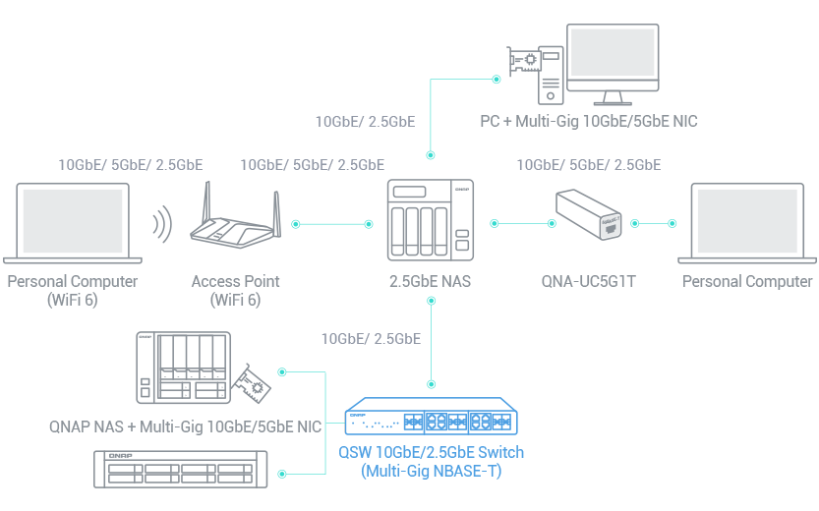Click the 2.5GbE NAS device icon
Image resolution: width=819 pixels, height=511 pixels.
(x=429, y=222)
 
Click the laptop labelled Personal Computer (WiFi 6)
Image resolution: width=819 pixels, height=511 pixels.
(x=72, y=222)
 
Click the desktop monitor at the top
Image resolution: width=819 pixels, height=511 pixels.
(x=614, y=62)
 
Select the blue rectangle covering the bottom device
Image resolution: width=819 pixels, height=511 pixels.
(x=436, y=438)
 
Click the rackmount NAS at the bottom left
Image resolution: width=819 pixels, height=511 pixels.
(x=180, y=469)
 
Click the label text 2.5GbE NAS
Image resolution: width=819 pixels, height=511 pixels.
(x=430, y=282)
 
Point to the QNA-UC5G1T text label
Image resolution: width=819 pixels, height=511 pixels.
(x=589, y=282)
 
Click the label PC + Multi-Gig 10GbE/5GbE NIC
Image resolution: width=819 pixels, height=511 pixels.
(x=588, y=122)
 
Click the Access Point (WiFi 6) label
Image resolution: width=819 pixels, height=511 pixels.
(x=236, y=290)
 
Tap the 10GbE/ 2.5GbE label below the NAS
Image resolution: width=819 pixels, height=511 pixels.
(x=371, y=339)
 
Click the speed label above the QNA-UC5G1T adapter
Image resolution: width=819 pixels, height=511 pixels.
(x=588, y=164)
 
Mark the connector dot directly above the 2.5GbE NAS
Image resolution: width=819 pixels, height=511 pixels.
(x=429, y=155)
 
